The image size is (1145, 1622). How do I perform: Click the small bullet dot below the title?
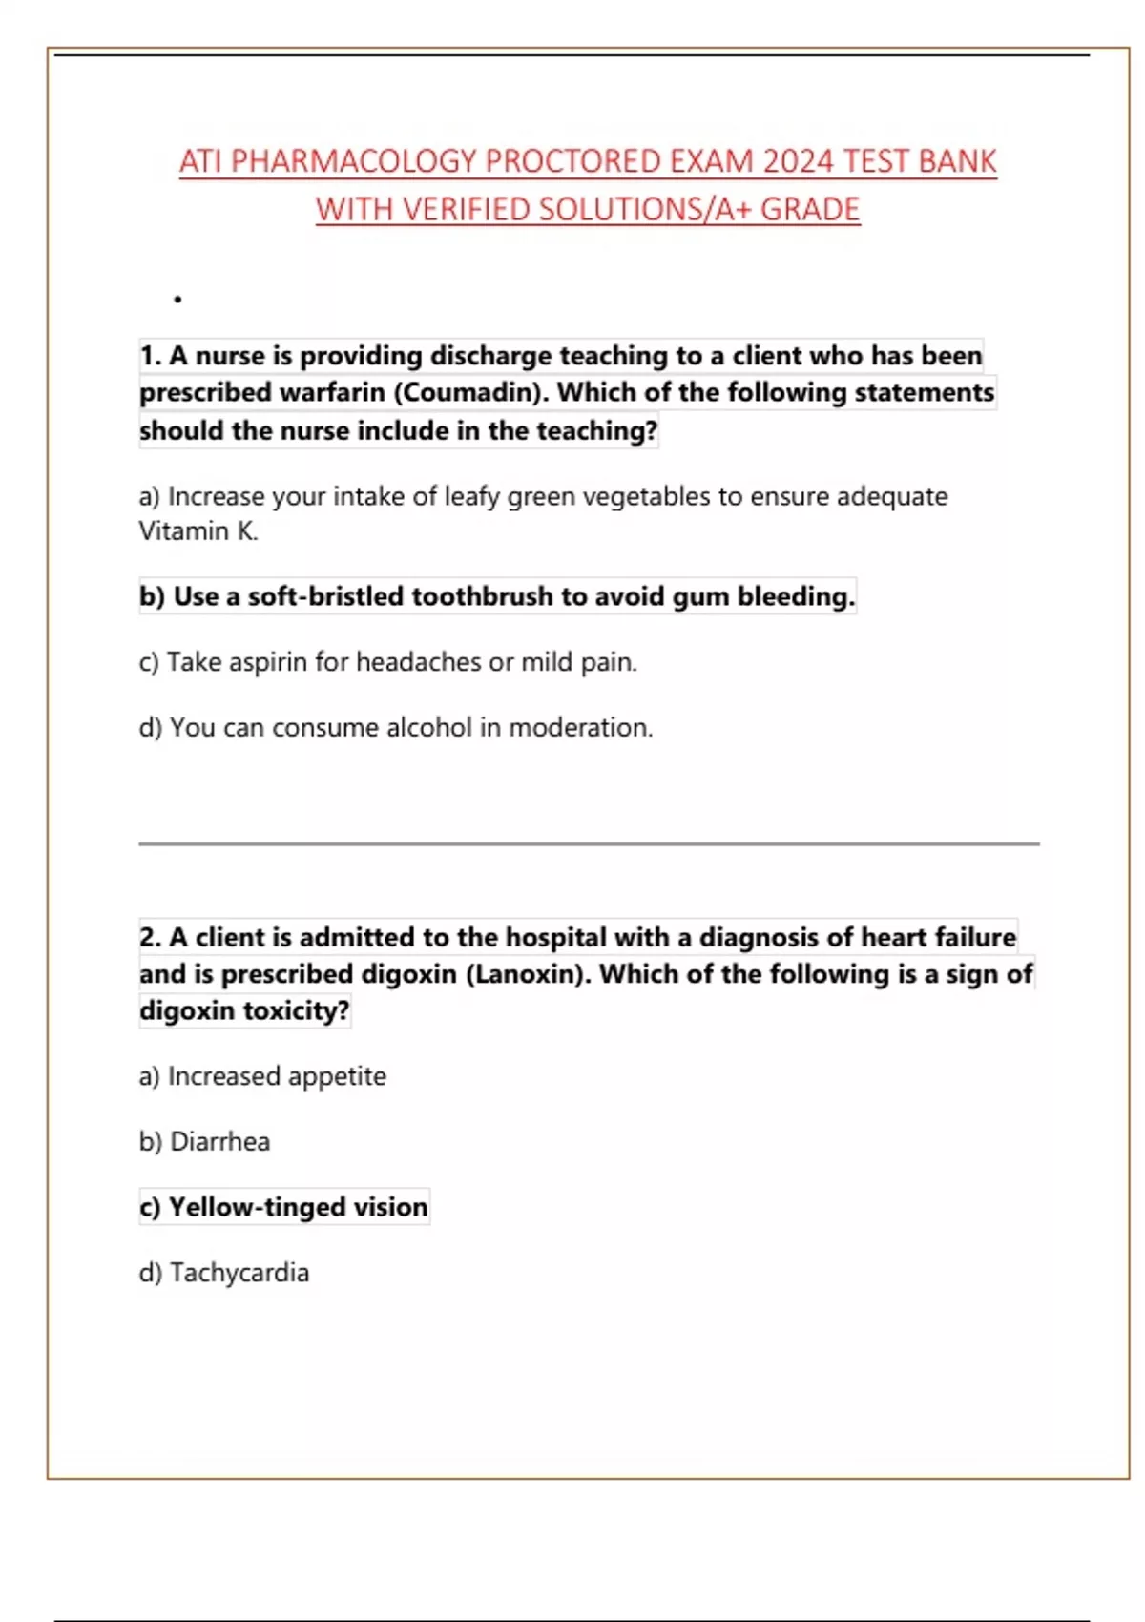coord(178,300)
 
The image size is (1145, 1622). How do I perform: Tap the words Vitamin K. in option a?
coord(198,531)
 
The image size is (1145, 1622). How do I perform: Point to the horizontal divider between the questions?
coord(589,843)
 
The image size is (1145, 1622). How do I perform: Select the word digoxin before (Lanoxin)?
coord(408,974)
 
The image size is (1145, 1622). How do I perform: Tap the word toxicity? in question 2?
coord(296,1010)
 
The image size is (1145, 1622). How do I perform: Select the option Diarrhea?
coord(219,1142)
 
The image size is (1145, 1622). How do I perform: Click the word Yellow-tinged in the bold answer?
coord(258,1207)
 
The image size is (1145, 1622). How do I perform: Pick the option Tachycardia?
coord(239,1273)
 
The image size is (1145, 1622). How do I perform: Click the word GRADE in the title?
coord(810,209)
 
